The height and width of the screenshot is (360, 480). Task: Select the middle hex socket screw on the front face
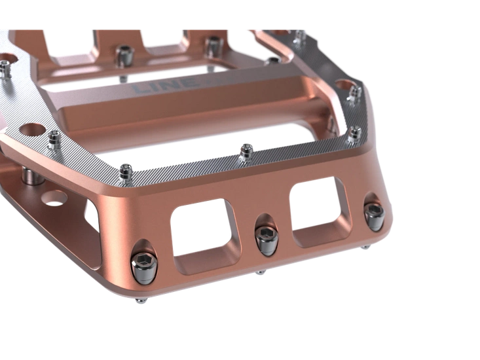click(x=267, y=240)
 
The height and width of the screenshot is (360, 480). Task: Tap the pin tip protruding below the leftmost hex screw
click(x=141, y=301)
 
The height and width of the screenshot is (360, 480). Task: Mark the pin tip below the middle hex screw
click(x=261, y=272)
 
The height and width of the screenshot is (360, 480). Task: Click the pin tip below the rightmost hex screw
click(x=365, y=247)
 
